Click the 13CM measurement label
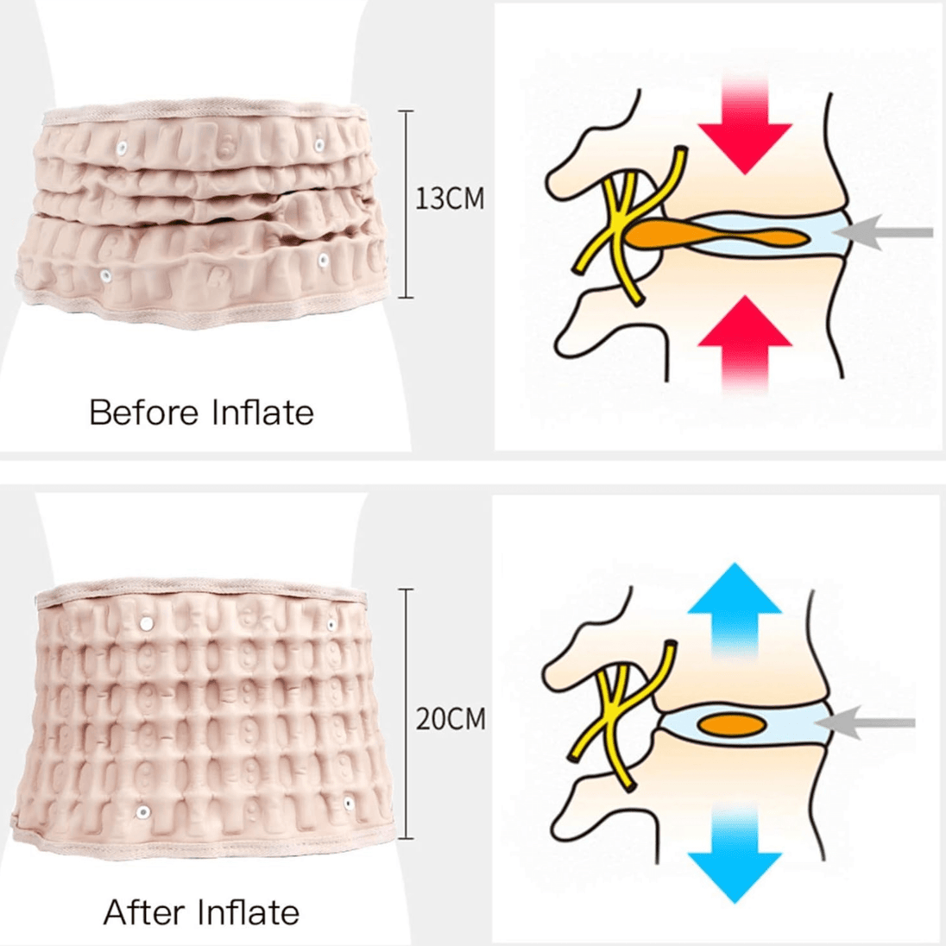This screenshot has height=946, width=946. (450, 199)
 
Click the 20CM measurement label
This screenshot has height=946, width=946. (451, 719)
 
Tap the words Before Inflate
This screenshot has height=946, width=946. (201, 413)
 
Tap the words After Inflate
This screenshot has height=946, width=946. (201, 911)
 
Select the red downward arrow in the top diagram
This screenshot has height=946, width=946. (744, 129)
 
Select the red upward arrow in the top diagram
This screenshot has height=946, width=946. (744, 341)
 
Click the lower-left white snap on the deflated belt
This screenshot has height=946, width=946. (105, 276)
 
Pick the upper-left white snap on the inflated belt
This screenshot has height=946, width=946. (143, 621)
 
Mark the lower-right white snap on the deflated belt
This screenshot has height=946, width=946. (324, 261)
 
